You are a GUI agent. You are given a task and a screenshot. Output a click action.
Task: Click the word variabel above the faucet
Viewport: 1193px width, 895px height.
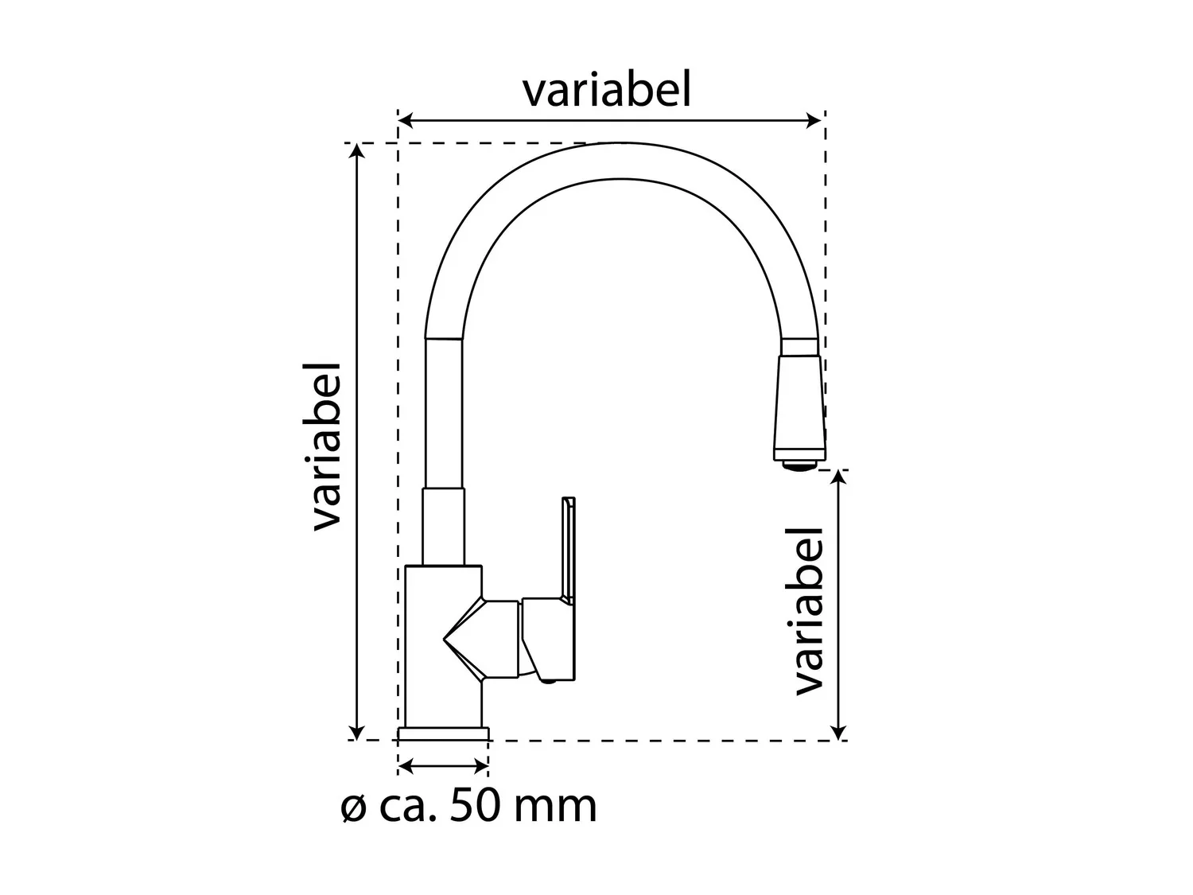click(x=607, y=90)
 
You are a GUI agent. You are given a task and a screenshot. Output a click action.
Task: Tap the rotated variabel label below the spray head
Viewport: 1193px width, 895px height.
click(x=809, y=611)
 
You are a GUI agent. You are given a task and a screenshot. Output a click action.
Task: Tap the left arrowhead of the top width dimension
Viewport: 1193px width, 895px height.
click(x=405, y=121)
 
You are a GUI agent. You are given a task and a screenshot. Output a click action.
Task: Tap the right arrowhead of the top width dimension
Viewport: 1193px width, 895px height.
click(x=814, y=121)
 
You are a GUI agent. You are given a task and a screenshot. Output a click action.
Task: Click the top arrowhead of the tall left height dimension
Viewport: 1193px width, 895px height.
click(x=356, y=150)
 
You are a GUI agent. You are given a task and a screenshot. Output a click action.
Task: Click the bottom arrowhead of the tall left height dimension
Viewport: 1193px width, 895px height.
click(x=356, y=732)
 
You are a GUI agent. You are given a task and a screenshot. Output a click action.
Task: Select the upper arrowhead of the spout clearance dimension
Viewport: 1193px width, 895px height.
click(x=839, y=477)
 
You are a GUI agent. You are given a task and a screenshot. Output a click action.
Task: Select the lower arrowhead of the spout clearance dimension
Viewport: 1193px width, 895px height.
click(x=839, y=732)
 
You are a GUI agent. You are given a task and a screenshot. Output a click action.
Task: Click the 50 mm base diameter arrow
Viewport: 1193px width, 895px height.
click(x=443, y=767)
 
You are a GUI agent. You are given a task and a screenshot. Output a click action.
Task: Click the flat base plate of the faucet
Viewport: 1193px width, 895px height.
click(x=443, y=734)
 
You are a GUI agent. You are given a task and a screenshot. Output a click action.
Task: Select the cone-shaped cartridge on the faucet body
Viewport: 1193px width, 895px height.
click(x=480, y=639)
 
